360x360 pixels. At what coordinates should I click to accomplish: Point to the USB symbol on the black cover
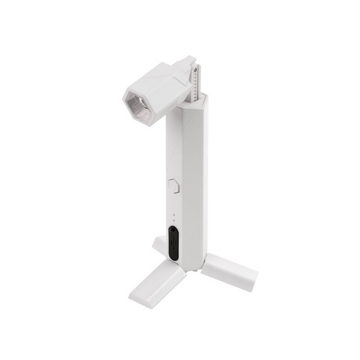pyautogui.click(x=173, y=244)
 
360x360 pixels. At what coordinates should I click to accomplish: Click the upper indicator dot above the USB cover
pyautogui.click(x=173, y=214)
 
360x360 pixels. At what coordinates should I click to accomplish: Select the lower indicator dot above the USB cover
pyautogui.click(x=173, y=220)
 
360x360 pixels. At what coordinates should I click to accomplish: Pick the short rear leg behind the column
pyautogui.click(x=159, y=242)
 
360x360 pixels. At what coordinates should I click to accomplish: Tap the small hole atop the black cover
pyautogui.click(x=173, y=229)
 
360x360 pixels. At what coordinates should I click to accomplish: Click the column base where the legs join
pyautogui.click(x=189, y=264)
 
